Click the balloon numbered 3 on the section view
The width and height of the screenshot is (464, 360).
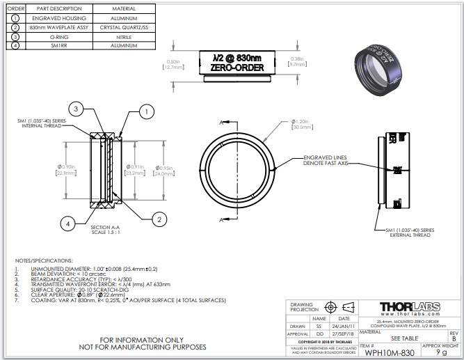(78, 109)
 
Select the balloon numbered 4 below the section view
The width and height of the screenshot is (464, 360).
(67, 224)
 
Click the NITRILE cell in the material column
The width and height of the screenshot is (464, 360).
(124, 36)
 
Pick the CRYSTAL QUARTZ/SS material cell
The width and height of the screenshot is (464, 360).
(124, 26)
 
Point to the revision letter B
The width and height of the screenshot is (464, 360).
(454, 338)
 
